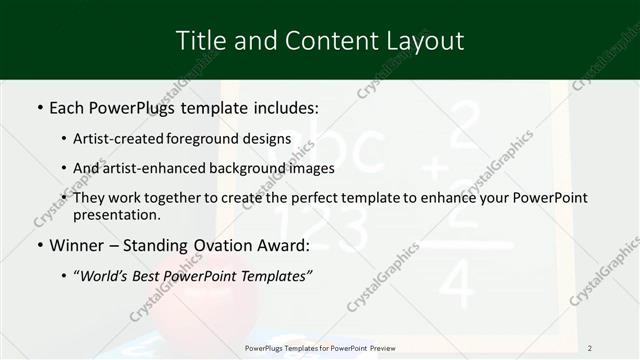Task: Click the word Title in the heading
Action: [200, 41]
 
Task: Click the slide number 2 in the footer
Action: [590, 348]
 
